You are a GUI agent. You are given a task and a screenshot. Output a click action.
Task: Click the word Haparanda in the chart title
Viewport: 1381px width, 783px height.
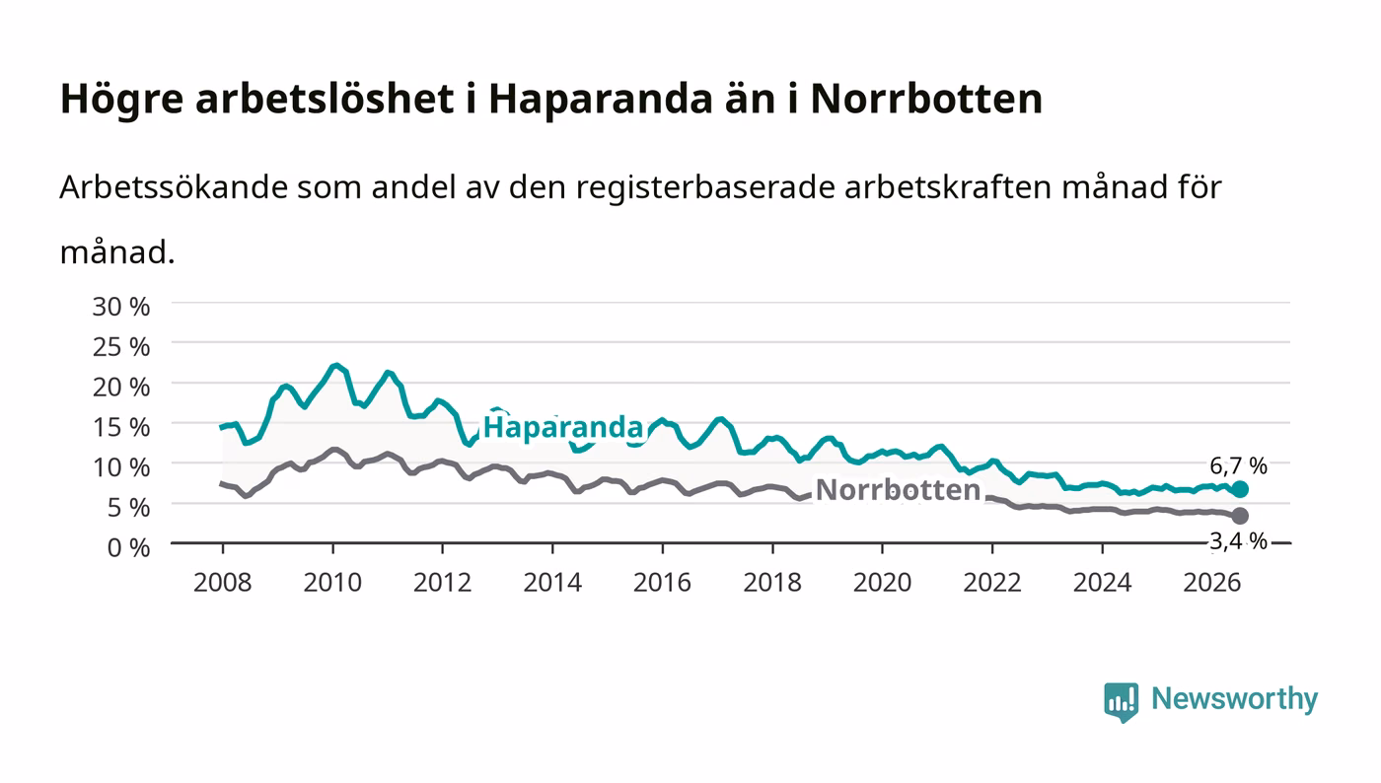pyautogui.click(x=601, y=100)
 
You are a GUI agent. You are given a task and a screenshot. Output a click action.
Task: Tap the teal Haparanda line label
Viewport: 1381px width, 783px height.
pyautogui.click(x=563, y=427)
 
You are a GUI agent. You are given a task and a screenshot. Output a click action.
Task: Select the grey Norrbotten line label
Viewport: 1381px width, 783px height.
pyautogui.click(x=898, y=490)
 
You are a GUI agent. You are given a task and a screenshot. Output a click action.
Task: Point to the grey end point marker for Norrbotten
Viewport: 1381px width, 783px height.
pyautogui.click(x=1240, y=516)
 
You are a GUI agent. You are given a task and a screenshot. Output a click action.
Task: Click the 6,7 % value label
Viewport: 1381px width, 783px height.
pyautogui.click(x=1238, y=466)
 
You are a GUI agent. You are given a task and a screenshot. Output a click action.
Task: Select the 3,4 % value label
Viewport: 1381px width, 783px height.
pyautogui.click(x=1238, y=541)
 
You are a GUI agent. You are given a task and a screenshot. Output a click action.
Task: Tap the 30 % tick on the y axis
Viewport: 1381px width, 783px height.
pyautogui.click(x=120, y=307)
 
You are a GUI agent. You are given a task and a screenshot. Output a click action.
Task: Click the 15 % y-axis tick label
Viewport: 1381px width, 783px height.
pyautogui.click(x=120, y=427)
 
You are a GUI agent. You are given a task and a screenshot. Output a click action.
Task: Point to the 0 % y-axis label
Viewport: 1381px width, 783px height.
pyautogui.click(x=128, y=547)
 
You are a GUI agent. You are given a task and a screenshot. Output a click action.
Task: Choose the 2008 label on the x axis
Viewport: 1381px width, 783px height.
pyautogui.click(x=223, y=583)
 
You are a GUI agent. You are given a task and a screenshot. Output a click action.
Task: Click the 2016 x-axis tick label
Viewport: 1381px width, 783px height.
pyautogui.click(x=662, y=583)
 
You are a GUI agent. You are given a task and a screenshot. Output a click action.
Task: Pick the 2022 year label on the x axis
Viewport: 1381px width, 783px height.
pyautogui.click(x=992, y=583)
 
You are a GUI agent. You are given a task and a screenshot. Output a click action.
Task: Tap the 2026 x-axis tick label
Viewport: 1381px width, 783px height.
pyautogui.click(x=1212, y=583)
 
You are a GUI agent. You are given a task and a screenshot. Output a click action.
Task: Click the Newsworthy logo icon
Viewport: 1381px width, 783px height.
pyautogui.click(x=1121, y=701)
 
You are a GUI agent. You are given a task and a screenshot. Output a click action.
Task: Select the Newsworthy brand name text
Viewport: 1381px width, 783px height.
pyautogui.click(x=1234, y=699)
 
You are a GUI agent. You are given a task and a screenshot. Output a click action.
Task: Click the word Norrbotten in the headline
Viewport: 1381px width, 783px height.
pyautogui.click(x=926, y=99)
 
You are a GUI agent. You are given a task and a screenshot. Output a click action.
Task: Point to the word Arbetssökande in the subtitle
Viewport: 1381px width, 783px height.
pyautogui.click(x=174, y=186)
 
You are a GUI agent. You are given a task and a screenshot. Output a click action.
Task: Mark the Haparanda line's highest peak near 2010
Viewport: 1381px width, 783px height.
pyautogui.click(x=335, y=365)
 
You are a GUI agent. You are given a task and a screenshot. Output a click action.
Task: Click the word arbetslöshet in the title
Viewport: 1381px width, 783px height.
pyautogui.click(x=325, y=99)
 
